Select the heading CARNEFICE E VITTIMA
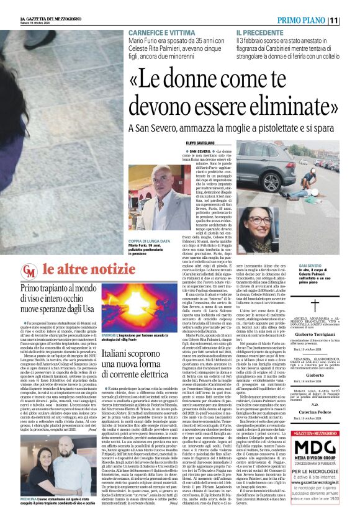tap(158, 31)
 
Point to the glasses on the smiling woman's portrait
tap(260, 220)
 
